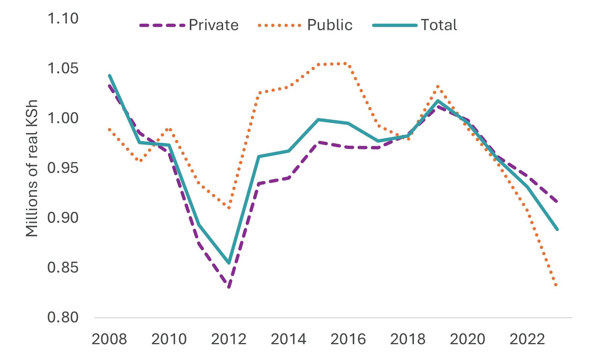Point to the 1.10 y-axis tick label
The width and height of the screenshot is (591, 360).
pyautogui.click(x=63, y=18)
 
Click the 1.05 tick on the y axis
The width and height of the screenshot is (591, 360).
pyautogui.click(x=63, y=68)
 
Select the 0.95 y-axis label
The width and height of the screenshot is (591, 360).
pyautogui.click(x=63, y=168)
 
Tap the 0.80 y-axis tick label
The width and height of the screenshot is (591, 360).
pyautogui.click(x=63, y=317)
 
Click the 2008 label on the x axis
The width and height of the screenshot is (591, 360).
pyautogui.click(x=109, y=339)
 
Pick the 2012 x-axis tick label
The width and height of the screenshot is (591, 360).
pyautogui.click(x=229, y=339)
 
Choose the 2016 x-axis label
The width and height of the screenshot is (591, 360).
pyautogui.click(x=348, y=339)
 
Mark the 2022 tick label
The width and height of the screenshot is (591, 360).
pyautogui.click(x=527, y=339)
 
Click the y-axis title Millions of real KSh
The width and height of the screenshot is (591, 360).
pyautogui.click(x=32, y=168)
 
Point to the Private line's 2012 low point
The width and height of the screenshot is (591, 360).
pyautogui.click(x=229, y=287)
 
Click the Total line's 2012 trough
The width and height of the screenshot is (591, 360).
pyautogui.click(x=229, y=263)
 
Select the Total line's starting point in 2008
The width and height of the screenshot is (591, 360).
pyautogui.click(x=109, y=75)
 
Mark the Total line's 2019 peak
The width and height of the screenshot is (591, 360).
pyautogui.click(x=438, y=101)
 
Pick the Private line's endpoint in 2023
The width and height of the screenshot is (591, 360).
pyautogui.click(x=557, y=202)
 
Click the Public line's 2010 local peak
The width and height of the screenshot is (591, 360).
pyautogui.click(x=170, y=129)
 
